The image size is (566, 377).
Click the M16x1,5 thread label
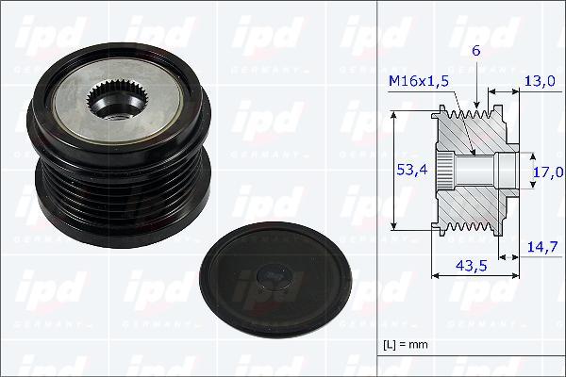click(x=418, y=82)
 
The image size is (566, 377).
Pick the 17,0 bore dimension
click(x=547, y=172)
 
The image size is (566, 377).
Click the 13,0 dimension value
click(x=541, y=82)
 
